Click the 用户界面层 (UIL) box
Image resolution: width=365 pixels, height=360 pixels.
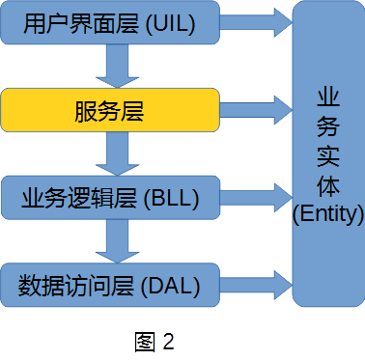[110, 26]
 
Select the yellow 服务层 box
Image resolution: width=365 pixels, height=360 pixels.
[110, 111]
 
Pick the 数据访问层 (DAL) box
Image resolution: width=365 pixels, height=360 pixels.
[110, 285]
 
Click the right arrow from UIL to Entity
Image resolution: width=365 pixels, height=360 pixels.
[257, 24]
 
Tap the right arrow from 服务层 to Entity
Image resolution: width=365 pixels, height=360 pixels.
[257, 109]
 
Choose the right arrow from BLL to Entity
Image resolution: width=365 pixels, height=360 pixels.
[257, 196]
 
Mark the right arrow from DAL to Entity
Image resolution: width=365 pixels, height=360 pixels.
[257, 282]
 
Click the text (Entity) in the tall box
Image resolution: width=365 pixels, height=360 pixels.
[327, 212]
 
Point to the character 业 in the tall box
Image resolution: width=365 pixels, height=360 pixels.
[327, 97]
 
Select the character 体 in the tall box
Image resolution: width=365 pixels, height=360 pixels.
[327, 184]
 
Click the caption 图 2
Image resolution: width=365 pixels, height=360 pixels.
[154, 341]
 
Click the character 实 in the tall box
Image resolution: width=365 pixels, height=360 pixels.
[327, 155]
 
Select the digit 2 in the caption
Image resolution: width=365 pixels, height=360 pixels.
[168, 341]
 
